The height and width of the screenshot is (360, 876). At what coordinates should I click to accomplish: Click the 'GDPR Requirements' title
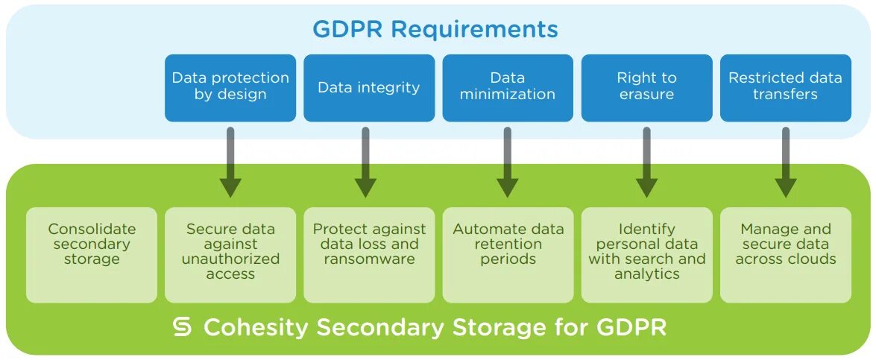coord(435,29)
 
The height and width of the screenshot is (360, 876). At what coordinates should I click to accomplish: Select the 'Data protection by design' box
coord(230,87)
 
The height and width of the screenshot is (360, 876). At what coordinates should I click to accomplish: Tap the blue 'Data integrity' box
coord(369,87)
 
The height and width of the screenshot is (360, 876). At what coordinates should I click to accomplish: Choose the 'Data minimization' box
coord(508,87)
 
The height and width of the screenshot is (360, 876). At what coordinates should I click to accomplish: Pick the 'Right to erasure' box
coord(646,87)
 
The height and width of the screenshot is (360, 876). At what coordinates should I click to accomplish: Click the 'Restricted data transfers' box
coord(785,87)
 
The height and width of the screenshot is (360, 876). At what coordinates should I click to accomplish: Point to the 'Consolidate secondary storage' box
coord(92,254)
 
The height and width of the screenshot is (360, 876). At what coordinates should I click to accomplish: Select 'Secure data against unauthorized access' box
coord(230,254)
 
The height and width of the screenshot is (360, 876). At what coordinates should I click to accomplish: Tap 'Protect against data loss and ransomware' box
coord(369,254)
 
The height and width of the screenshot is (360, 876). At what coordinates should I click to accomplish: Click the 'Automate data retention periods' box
coord(508,254)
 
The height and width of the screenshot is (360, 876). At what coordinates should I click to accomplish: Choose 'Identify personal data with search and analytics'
coord(646,254)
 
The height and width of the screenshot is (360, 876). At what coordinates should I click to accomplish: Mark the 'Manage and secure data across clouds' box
coord(785,254)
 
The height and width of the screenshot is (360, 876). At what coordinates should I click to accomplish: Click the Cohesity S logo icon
coord(183,327)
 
